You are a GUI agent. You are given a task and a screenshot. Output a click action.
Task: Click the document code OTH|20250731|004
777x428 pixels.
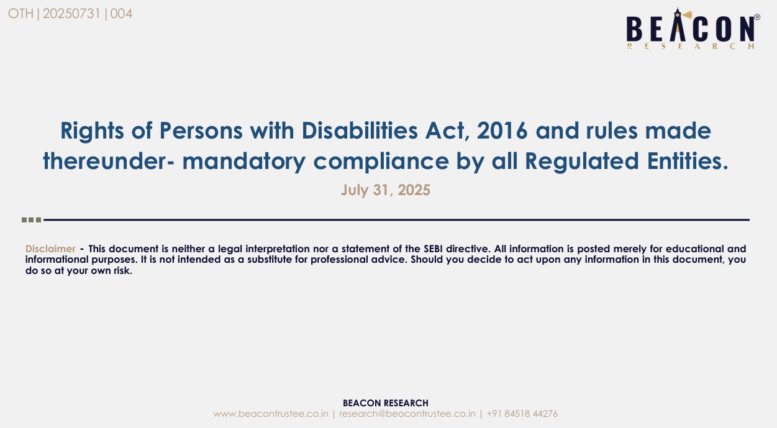coord(70,14)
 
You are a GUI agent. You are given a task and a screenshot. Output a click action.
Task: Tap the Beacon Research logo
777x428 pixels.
coord(693,29)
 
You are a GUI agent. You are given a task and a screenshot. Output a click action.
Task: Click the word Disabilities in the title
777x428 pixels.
coord(360,130)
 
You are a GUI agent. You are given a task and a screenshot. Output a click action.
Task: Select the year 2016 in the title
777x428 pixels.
coord(502,130)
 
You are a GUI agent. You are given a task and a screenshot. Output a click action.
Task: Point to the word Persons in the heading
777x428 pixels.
coord(201,130)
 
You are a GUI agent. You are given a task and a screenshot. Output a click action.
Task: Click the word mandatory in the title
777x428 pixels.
coord(243,162)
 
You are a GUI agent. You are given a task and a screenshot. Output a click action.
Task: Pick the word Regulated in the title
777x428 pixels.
coord(582,162)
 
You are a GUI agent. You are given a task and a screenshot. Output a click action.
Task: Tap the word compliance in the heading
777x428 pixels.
coord(381,162)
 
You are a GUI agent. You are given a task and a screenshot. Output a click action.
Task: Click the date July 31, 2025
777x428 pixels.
coord(385,190)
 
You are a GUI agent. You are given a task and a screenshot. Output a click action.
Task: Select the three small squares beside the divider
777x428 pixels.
coord(31,220)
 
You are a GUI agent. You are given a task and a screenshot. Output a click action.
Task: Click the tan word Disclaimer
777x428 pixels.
coord(50,248)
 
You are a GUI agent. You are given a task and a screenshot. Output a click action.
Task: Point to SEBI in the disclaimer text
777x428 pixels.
coord(433,248)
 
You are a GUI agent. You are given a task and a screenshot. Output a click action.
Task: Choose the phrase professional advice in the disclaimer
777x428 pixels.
coord(358,260)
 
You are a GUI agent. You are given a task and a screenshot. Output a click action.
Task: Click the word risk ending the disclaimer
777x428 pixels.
coord(123,271)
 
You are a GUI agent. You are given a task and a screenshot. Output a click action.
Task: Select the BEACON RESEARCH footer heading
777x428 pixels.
coord(385,403)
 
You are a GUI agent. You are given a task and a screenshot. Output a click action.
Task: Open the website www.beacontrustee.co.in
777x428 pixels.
coord(271,414)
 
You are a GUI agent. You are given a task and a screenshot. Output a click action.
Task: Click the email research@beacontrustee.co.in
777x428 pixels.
coord(407,414)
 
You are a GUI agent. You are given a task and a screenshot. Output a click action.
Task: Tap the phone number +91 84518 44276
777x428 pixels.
coord(522,414)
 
